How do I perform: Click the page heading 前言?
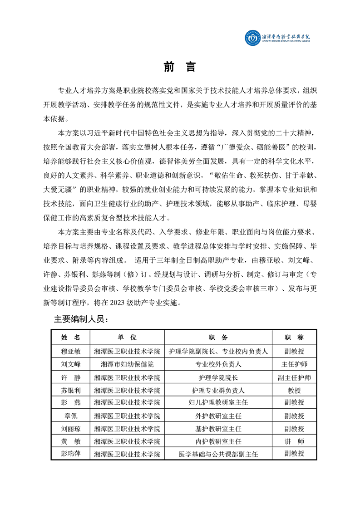[179, 67]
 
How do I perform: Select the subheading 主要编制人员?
[81, 319]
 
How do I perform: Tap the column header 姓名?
[70, 338]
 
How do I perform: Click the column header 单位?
[127, 338]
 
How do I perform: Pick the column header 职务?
[218, 338]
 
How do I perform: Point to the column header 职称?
[294, 338]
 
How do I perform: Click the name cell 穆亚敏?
[70, 351]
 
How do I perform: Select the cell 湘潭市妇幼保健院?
[127, 364]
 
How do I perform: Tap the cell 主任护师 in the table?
[294, 364]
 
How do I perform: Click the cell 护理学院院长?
[218, 377]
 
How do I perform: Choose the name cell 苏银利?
[70, 390]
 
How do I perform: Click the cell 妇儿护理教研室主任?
[218, 402]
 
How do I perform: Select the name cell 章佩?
[70, 416]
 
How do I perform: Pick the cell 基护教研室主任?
[218, 428]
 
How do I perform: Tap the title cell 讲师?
[294, 441]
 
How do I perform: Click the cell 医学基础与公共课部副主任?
[218, 454]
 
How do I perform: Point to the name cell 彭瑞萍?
[70, 454]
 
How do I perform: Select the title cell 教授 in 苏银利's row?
[294, 390]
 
